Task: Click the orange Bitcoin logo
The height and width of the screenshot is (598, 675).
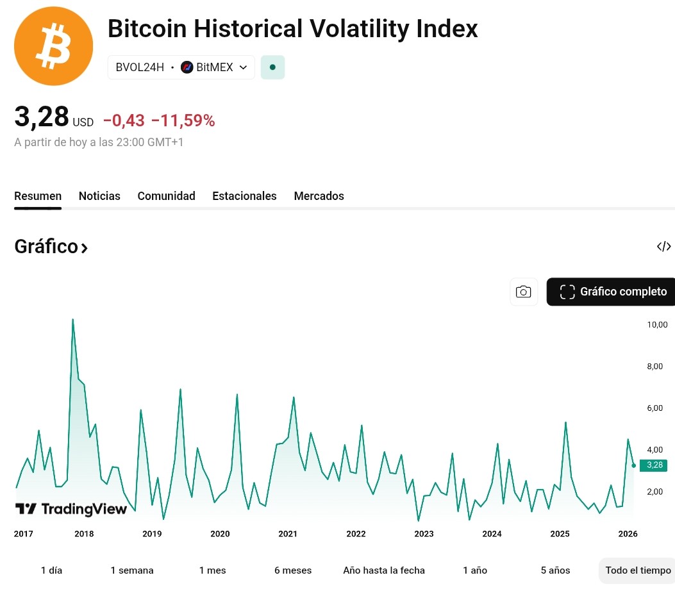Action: [x=53, y=46]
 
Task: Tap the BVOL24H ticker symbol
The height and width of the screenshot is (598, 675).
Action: [x=140, y=67]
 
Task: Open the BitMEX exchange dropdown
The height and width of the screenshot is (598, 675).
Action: [x=214, y=67]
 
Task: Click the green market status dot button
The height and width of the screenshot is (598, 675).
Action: [x=272, y=67]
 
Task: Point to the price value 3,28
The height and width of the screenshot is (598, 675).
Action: [x=42, y=117]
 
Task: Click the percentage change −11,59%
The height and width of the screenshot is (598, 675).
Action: [x=183, y=120]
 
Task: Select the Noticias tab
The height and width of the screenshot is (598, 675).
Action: [x=99, y=196]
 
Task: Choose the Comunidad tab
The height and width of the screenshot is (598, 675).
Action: [x=166, y=196]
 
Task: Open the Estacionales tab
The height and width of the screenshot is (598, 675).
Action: [x=244, y=196]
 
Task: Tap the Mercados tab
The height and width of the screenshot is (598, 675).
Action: [x=319, y=196]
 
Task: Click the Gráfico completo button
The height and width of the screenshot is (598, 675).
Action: [x=613, y=292]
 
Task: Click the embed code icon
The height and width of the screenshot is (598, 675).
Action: [x=663, y=247]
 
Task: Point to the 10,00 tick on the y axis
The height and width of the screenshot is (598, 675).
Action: [x=657, y=325]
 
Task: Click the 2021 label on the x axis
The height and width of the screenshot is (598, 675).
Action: [x=288, y=534]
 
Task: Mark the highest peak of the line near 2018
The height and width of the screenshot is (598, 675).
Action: [x=72, y=319]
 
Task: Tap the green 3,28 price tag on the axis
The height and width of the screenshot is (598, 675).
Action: [x=653, y=465]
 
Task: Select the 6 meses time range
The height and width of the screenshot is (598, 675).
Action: [x=292, y=570]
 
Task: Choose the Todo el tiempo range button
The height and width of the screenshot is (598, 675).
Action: [x=637, y=570]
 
